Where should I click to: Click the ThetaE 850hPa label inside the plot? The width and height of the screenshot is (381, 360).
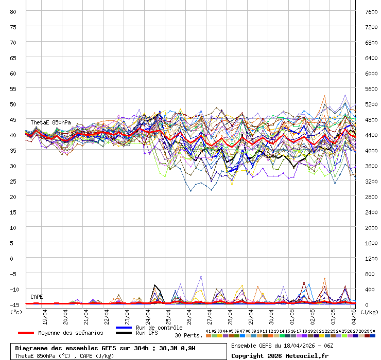(50, 122)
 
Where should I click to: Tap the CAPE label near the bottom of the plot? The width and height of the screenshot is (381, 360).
(37, 297)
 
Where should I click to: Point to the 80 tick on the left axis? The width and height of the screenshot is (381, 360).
(14, 11)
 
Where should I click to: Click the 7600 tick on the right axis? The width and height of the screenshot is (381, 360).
(371, 11)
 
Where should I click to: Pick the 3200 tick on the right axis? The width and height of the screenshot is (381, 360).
(371, 181)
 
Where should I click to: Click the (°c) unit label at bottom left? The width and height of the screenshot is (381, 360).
(16, 312)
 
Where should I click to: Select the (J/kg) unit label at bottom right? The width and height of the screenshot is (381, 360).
(369, 312)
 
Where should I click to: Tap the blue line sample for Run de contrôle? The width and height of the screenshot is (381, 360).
(124, 328)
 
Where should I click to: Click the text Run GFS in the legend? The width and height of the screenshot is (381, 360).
(147, 333)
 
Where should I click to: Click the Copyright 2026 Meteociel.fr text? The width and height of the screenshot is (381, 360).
(280, 355)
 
